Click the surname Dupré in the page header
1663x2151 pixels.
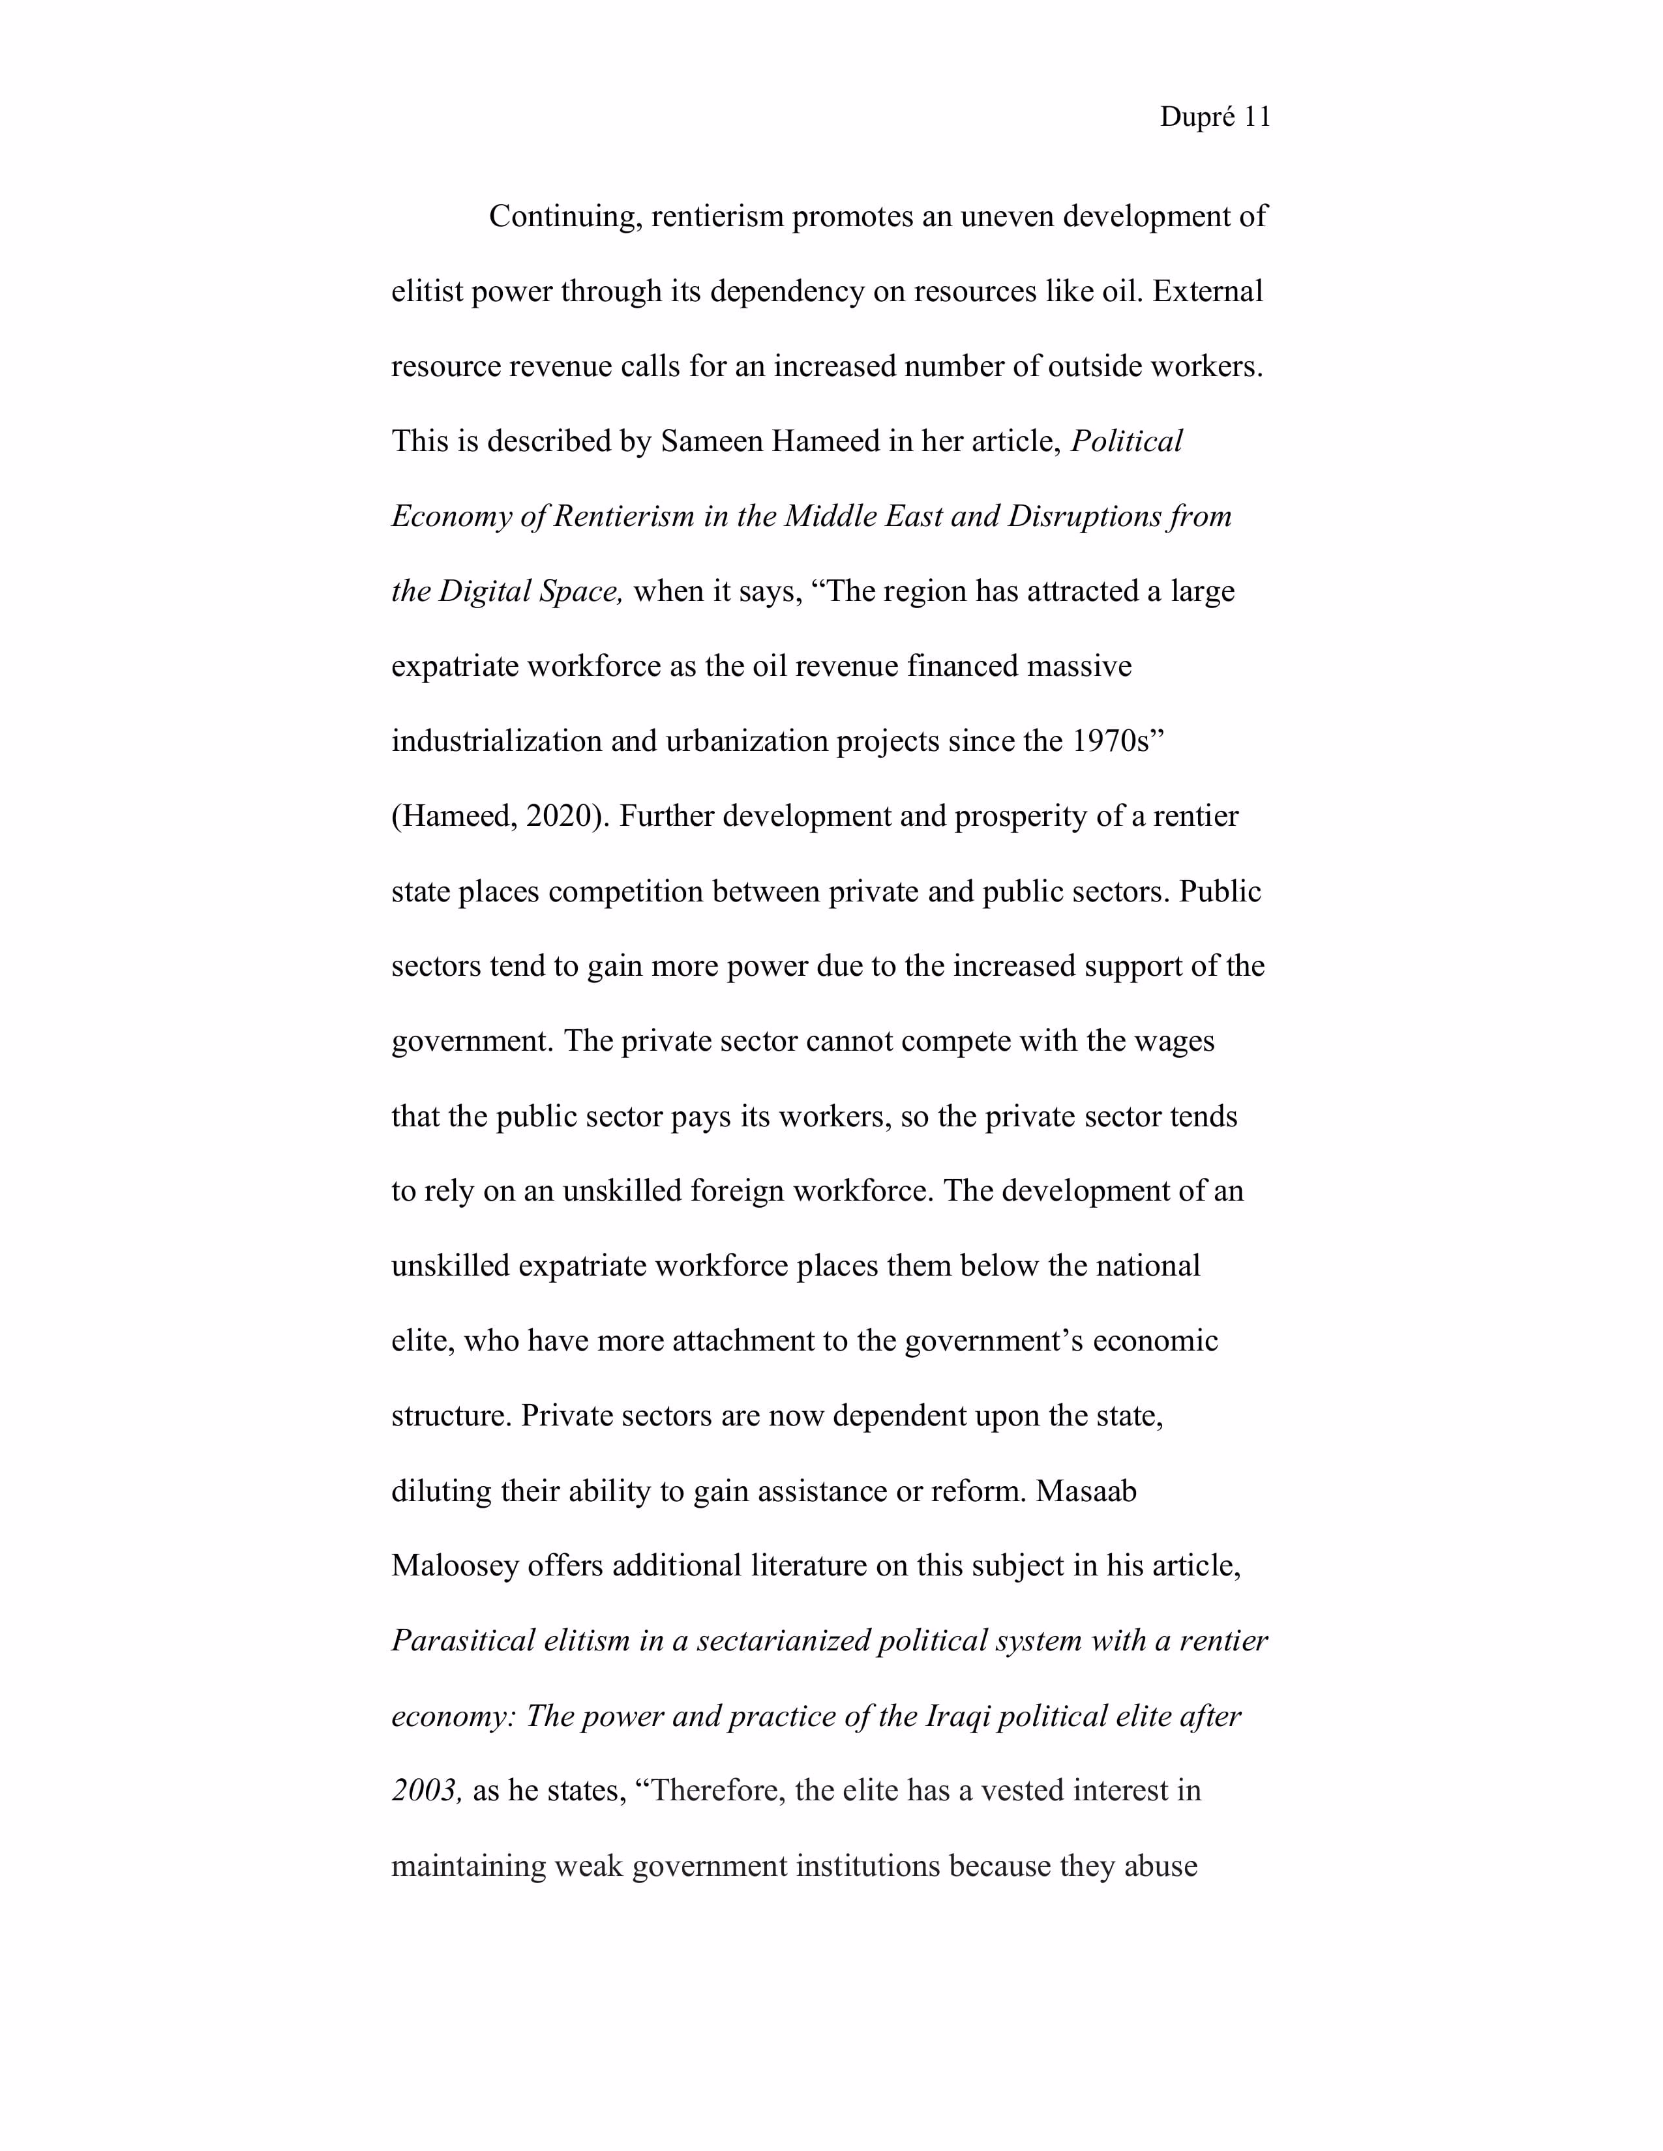[1197, 117]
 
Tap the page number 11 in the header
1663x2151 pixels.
[1257, 117]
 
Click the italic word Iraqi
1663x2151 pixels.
[959, 1717]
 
